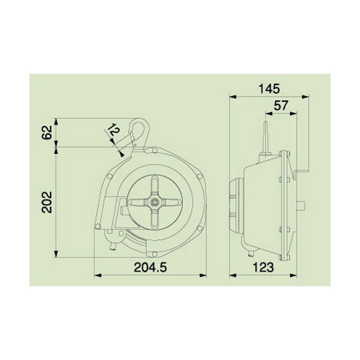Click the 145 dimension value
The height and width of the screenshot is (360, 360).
point(269,89)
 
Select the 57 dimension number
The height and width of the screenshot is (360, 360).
point(281,106)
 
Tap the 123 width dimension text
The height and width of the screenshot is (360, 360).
point(263,267)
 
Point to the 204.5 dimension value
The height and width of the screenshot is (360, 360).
point(150,267)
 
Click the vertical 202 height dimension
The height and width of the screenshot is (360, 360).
point(47,202)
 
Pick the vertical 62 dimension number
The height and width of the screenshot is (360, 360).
point(47,133)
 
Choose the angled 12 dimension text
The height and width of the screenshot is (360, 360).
point(114,130)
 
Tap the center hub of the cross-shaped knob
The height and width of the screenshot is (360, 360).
point(154,202)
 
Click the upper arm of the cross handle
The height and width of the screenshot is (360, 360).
point(154,187)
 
